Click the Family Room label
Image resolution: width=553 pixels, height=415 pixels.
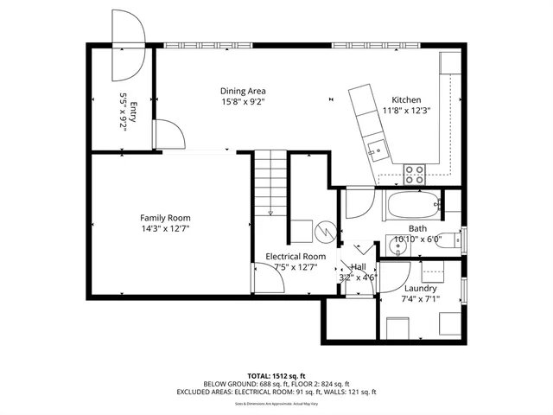click(x=165, y=218)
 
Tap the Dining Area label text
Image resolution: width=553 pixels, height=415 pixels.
click(x=243, y=91)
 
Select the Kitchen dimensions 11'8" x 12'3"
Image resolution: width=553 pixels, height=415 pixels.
click(x=406, y=111)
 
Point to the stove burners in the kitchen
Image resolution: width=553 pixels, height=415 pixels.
click(x=415, y=172)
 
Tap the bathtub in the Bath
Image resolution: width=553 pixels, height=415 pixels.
click(x=412, y=207)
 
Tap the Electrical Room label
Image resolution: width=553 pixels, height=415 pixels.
click(x=295, y=257)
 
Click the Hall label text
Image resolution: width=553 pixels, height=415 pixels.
click(x=358, y=267)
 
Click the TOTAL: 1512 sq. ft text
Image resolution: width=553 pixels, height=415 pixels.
click(x=276, y=376)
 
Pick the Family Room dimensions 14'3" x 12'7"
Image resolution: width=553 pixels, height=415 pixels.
click(x=165, y=229)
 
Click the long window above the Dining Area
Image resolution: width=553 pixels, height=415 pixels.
click(x=208, y=45)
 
